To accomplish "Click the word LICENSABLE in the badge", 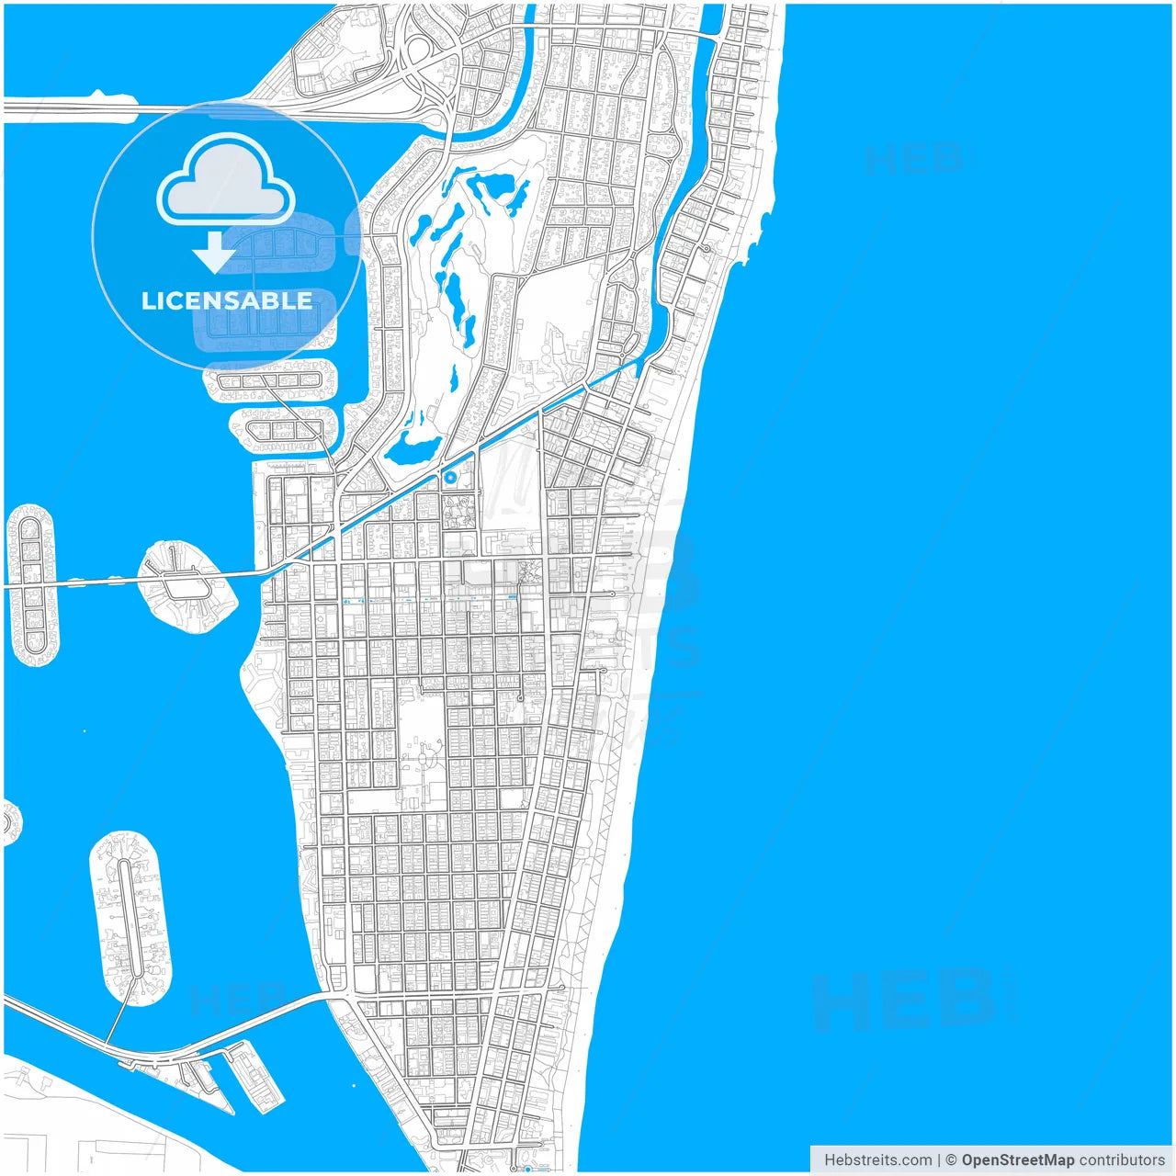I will (x=226, y=301).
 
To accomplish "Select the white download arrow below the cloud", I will (x=214, y=253).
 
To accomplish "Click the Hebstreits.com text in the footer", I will (x=877, y=1159).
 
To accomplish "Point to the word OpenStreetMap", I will (x=1017, y=1159).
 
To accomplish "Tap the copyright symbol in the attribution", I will (x=951, y=1159).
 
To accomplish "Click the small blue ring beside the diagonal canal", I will (x=449, y=478).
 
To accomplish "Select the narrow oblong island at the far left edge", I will (x=32, y=584).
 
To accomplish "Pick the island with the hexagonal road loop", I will (x=185, y=585).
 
